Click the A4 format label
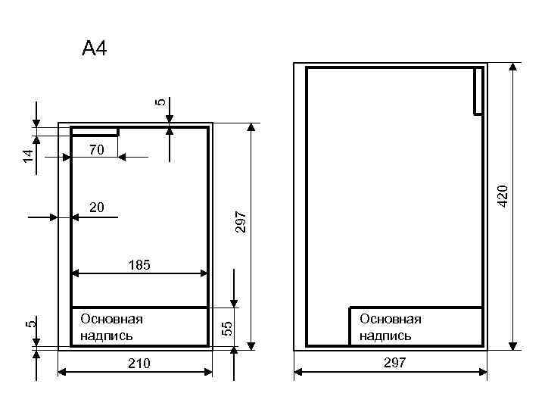pyautogui.click(x=95, y=48)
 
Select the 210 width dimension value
pyautogui.click(x=139, y=364)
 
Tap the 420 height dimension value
pyautogui.click(x=503, y=196)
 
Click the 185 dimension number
pyautogui.click(x=139, y=265)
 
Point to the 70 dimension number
pyautogui.click(x=97, y=150)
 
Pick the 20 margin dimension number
pyautogui.click(x=97, y=208)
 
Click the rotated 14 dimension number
pyautogui.click(x=29, y=156)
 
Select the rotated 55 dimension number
pyautogui.click(x=227, y=329)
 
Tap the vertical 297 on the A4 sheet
pyautogui.click(x=241, y=222)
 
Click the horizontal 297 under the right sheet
pyautogui.click(x=395, y=363)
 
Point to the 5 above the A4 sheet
pyautogui.click(x=160, y=102)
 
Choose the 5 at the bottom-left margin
pyautogui.click(x=30, y=324)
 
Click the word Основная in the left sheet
pyautogui.click(x=111, y=320)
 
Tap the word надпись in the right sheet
pyautogui.click(x=385, y=336)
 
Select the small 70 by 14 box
pyautogui.click(x=95, y=132)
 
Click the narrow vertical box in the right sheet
pyautogui.click(x=478, y=91)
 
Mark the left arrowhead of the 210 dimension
pyautogui.click(x=62, y=373)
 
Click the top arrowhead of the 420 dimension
pyautogui.click(x=513, y=67)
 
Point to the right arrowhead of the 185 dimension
pyautogui.click(x=204, y=273)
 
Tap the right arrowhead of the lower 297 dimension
pyautogui.click(x=483, y=373)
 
